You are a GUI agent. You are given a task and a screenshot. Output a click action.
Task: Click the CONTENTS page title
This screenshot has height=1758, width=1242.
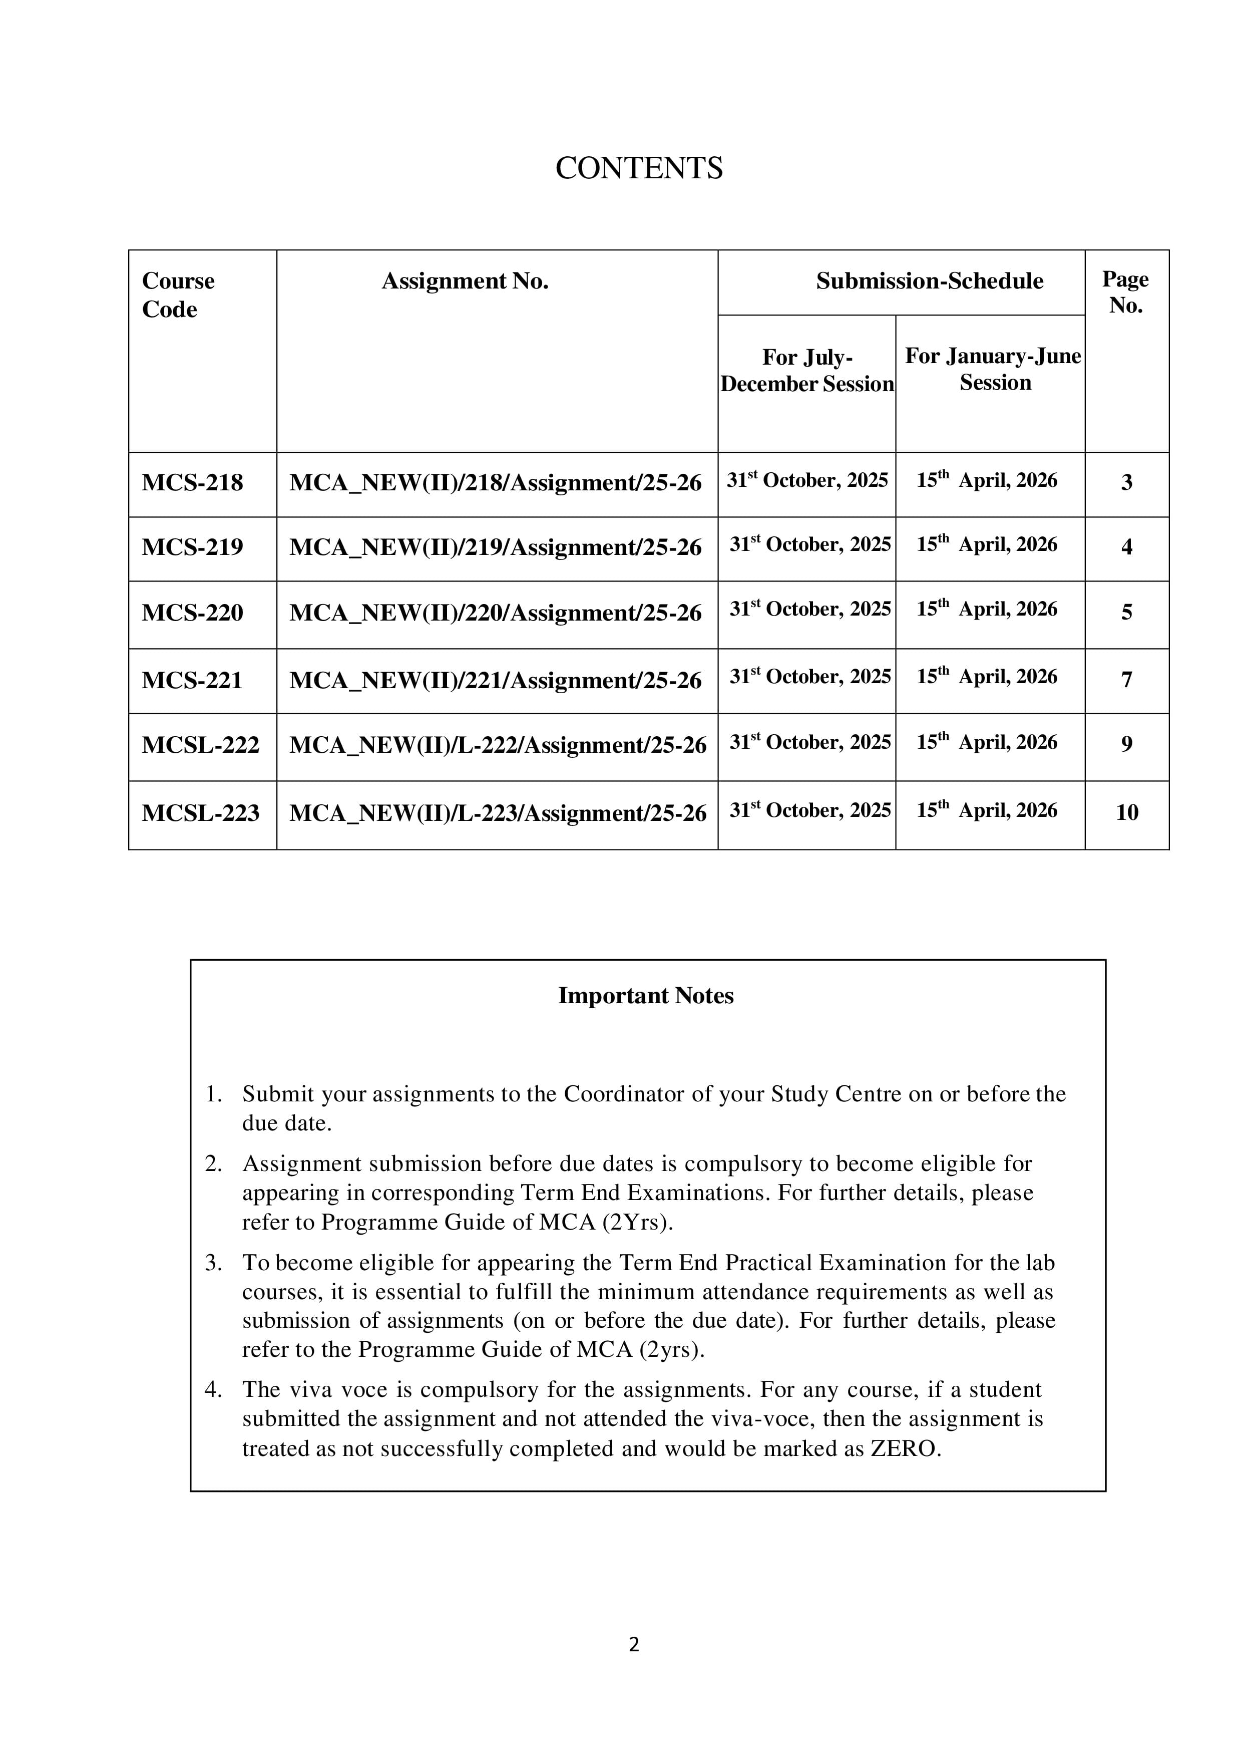click(x=638, y=168)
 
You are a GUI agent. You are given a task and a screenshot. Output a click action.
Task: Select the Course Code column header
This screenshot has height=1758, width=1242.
click(x=178, y=295)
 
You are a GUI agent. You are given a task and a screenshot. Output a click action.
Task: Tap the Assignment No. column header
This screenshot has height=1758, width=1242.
click(x=465, y=282)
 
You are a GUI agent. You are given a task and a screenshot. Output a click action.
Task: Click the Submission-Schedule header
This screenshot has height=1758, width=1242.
click(x=929, y=281)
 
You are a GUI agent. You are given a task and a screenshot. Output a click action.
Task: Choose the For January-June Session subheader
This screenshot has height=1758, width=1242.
click(x=993, y=369)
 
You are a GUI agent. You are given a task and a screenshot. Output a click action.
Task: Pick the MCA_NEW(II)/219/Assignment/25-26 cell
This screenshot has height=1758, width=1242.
click(x=495, y=547)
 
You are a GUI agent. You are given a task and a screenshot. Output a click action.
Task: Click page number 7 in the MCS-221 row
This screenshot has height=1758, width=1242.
click(x=1126, y=679)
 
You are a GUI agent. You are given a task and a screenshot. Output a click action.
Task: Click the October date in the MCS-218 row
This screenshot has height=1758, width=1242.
click(x=807, y=481)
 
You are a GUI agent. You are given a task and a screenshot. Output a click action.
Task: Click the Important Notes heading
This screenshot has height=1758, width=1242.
click(x=645, y=995)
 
